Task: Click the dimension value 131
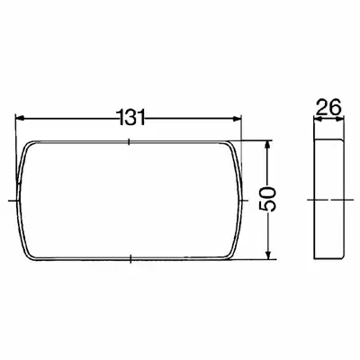coord(131,117)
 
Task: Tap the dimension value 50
coord(267,200)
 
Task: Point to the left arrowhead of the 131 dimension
coord(20,118)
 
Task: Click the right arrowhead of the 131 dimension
coord(237,119)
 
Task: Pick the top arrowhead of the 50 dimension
coord(269,145)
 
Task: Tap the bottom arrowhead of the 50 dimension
coord(269,255)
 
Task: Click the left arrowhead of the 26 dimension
coord(318,119)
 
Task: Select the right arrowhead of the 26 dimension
coord(339,119)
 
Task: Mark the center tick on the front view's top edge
coord(129,141)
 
